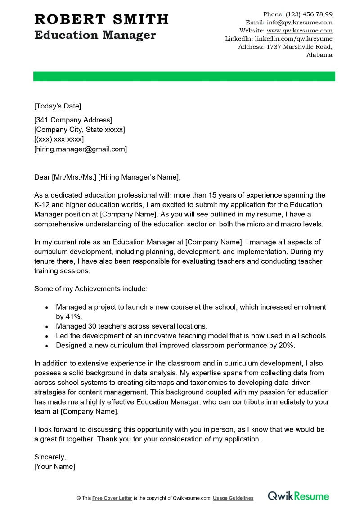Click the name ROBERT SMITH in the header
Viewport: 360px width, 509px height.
pos(101,19)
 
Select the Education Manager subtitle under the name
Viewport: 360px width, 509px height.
pos(95,35)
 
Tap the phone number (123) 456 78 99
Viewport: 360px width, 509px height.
pos(310,14)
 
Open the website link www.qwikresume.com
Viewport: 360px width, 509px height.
pos(299,31)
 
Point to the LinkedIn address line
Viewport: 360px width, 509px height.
pos(279,39)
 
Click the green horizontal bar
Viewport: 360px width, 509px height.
pos(184,76)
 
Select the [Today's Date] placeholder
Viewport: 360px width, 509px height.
pos(58,106)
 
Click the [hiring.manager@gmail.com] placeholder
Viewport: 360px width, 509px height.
pos(81,149)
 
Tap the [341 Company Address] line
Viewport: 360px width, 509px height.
pos(73,120)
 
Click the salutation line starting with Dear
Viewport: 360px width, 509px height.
pos(107,177)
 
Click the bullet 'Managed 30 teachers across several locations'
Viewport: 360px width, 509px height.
pos(131,326)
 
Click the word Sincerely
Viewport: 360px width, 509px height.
pos(49,457)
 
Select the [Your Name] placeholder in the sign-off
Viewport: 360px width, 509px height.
pos(54,467)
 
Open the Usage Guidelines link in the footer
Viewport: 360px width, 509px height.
pos(233,498)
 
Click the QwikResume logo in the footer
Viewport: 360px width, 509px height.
pos(298,496)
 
